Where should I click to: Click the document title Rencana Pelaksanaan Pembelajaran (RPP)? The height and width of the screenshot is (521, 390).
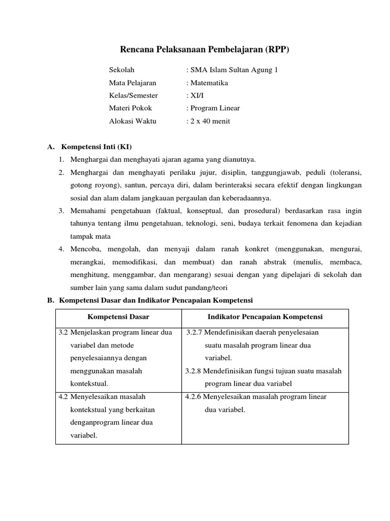pyautogui.click(x=207, y=49)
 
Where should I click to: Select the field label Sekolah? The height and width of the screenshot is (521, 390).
pyautogui.click(x=122, y=70)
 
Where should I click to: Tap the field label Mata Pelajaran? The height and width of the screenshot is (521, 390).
pyautogui.click(x=133, y=82)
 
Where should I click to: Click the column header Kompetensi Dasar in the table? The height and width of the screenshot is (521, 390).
pyautogui.click(x=118, y=316)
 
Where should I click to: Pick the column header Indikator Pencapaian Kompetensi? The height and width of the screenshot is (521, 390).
pyautogui.click(x=265, y=316)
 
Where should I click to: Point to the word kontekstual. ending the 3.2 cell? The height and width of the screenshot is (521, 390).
pyautogui.click(x=90, y=384)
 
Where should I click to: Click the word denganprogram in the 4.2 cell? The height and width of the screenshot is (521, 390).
pyautogui.click(x=95, y=422)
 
